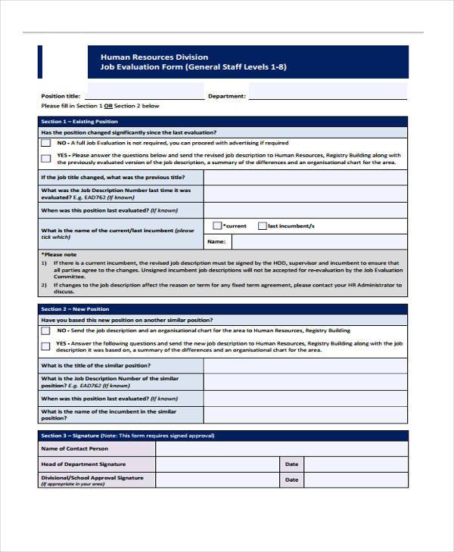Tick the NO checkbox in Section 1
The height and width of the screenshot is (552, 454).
coord(46,142)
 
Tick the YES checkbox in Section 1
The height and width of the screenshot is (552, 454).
coord(46,157)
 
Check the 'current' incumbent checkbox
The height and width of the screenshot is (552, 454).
coord(217,225)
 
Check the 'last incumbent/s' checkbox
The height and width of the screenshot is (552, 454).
coord(263,225)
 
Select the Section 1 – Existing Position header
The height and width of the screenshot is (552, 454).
coord(79,121)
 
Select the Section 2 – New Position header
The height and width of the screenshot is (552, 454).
coord(75,309)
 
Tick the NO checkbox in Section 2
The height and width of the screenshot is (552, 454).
coord(46,330)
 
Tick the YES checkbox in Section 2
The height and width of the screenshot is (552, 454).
coord(46,346)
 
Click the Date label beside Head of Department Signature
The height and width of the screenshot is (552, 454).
coord(291,464)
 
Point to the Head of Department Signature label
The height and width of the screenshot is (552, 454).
coord(83,464)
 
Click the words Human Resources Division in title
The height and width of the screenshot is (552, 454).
coord(154,57)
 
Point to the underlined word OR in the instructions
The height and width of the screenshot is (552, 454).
coord(108,106)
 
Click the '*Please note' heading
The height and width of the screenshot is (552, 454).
coord(59,255)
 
